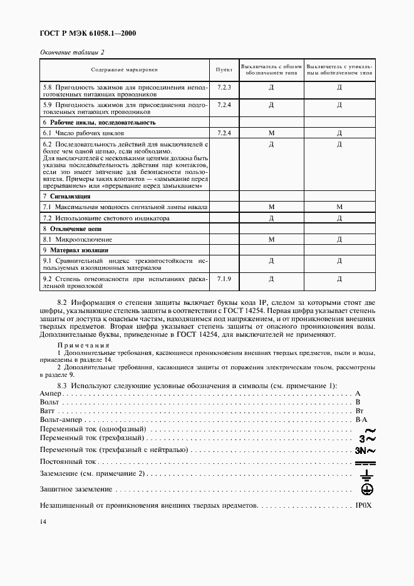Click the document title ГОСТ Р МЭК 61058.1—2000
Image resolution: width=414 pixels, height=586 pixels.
pyautogui.click(x=88, y=33)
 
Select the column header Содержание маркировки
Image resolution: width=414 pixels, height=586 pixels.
pyautogui.click(x=124, y=70)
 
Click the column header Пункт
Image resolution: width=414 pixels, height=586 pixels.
pyautogui.click(x=224, y=70)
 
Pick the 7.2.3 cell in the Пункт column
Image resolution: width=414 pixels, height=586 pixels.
pyautogui.click(x=224, y=87)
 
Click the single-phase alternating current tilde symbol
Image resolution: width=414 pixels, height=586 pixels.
pyautogui.click(x=369, y=430)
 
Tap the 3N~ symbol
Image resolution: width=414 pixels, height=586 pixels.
pyautogui.click(x=365, y=450)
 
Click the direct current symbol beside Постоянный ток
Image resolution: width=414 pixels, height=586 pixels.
pyautogui.click(x=365, y=462)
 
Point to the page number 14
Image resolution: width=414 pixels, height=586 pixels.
pyautogui.click(x=43, y=522)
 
